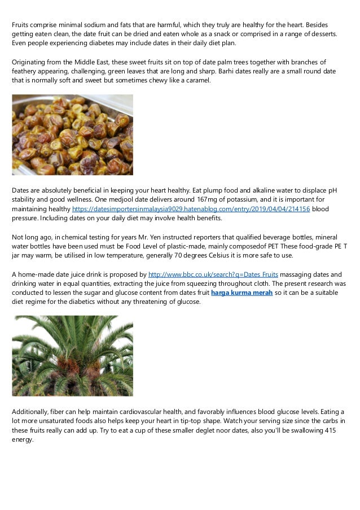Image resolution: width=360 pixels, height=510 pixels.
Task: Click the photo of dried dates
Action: tap(73, 134)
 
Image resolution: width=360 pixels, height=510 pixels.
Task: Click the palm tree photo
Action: tap(73, 355)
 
